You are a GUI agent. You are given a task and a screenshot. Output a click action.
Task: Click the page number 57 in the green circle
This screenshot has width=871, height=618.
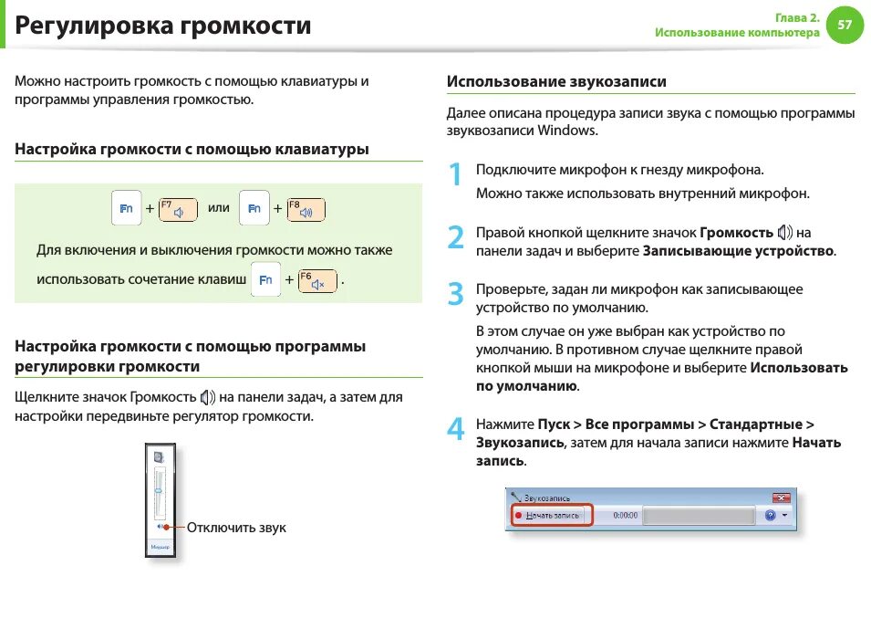click(x=844, y=26)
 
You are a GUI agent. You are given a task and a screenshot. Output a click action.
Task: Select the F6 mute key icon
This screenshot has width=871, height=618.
click(x=316, y=282)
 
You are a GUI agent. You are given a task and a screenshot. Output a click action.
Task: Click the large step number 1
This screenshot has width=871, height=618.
click(x=455, y=175)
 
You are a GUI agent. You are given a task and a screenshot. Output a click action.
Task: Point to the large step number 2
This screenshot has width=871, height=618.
click(x=456, y=238)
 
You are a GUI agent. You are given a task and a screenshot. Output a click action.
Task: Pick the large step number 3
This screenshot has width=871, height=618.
click(x=456, y=294)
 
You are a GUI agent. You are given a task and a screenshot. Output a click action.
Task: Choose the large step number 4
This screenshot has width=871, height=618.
click(x=456, y=429)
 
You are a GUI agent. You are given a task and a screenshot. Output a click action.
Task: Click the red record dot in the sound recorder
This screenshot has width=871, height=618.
click(x=518, y=516)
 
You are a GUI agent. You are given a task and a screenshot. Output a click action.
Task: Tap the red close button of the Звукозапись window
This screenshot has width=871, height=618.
click(x=782, y=498)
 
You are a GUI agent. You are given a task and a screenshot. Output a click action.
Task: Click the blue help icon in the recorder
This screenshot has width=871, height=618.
click(x=770, y=516)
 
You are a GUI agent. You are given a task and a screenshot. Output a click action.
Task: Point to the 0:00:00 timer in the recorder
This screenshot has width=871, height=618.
click(x=625, y=516)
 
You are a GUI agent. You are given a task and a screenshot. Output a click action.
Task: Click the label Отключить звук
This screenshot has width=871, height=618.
click(x=236, y=528)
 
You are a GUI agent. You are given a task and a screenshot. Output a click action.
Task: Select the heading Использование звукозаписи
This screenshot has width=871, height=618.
click(x=556, y=81)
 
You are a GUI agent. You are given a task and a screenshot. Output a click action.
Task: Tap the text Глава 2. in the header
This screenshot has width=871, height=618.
click(x=797, y=17)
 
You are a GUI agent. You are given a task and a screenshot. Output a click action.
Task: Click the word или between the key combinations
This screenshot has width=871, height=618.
click(x=219, y=208)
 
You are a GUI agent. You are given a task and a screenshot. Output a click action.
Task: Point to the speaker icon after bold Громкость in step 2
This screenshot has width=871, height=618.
click(x=785, y=233)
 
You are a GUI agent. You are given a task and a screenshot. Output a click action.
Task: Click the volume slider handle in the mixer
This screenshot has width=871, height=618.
click(x=160, y=490)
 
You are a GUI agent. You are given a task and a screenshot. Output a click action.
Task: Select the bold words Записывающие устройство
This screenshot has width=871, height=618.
click(x=739, y=250)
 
